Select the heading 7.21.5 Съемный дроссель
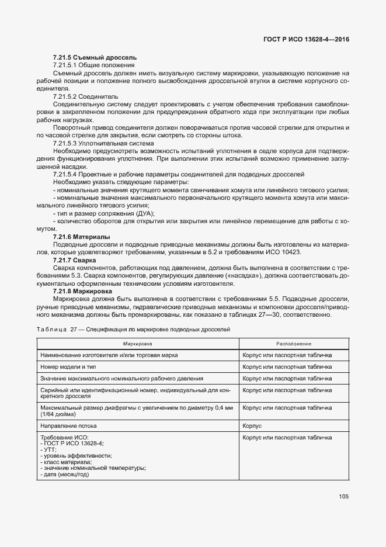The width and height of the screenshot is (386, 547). click(x=95, y=57)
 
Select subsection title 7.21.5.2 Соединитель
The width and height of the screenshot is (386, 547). click(x=85, y=95)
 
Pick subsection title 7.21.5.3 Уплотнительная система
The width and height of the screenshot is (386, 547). click(x=103, y=143)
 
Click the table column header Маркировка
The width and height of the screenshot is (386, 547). click(x=138, y=344)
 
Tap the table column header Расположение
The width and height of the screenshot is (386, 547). click(x=294, y=344)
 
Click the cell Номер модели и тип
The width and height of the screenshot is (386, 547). click(x=68, y=366)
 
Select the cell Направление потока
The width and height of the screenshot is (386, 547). click(x=68, y=426)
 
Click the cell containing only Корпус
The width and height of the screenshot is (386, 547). click(x=252, y=426)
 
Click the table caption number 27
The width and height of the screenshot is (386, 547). click(x=74, y=330)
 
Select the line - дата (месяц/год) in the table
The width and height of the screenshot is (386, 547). click(x=64, y=474)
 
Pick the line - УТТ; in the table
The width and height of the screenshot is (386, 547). click(x=49, y=449)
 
